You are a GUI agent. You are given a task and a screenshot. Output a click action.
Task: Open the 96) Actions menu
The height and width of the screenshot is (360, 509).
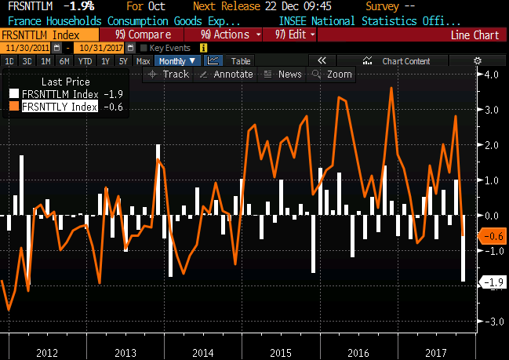[229, 35]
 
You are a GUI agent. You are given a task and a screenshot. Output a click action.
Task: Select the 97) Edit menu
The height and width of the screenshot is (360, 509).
[295, 35]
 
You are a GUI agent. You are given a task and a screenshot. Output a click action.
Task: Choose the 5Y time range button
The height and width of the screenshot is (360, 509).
[124, 60]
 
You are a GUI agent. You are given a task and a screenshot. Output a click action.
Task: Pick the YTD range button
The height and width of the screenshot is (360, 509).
[85, 60]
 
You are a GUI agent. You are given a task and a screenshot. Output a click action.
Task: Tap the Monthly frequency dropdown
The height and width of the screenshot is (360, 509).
[177, 60]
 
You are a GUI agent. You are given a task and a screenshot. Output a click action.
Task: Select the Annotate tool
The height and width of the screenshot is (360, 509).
[227, 74]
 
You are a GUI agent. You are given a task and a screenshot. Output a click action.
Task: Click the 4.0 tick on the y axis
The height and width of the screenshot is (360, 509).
[493, 75]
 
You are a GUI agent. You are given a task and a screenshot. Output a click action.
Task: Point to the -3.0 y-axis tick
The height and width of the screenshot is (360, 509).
[492, 322]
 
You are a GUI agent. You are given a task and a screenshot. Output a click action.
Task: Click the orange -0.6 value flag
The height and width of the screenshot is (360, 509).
[492, 236]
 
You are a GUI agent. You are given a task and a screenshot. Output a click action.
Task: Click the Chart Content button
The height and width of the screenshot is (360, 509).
[405, 60]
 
